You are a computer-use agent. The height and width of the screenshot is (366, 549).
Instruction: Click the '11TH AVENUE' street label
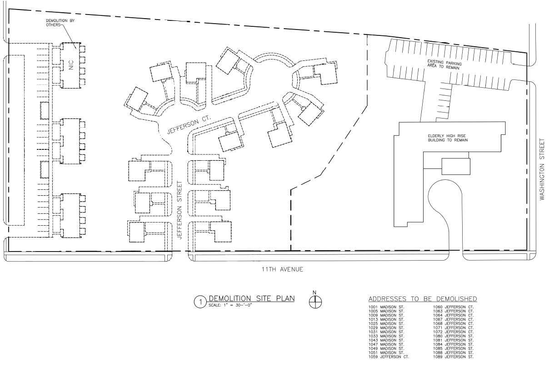click(x=279, y=269)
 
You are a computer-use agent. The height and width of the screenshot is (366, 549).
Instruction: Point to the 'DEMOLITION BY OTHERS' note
click(x=56, y=22)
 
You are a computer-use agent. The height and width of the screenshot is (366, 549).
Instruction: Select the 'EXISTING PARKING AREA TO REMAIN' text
click(x=444, y=64)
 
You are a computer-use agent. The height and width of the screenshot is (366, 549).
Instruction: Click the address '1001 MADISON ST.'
click(x=384, y=307)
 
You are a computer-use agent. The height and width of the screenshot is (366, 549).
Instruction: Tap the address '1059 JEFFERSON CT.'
click(x=386, y=356)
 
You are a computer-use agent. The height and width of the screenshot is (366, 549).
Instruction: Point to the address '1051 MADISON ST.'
click(x=384, y=352)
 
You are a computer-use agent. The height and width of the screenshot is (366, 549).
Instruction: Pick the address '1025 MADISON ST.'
click(x=384, y=324)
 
